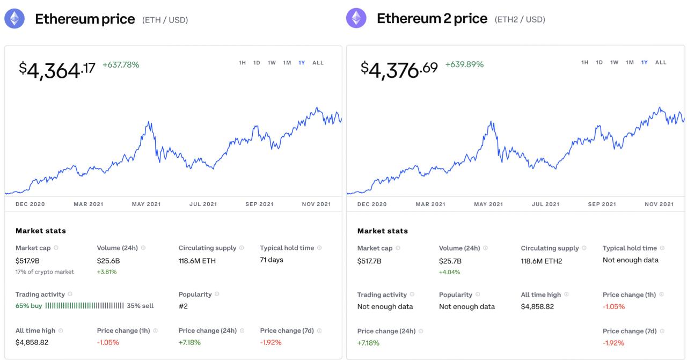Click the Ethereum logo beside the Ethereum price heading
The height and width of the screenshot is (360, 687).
[x=14, y=19]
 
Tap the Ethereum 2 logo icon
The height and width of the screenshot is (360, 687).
[x=356, y=19]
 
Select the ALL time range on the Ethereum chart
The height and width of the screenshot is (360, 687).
[x=318, y=63]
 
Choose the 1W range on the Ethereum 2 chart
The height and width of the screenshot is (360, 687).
[x=614, y=63]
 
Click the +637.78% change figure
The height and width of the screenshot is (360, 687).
[x=121, y=65]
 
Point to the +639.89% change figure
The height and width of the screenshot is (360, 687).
[x=464, y=65]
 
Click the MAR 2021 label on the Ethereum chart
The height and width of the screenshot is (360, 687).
[x=89, y=204]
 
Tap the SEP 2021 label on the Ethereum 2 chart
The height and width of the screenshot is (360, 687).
[x=602, y=204]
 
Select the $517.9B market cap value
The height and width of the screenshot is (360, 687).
[x=27, y=261]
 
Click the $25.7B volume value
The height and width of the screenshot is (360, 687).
[x=450, y=261]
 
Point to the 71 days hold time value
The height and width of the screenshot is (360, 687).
[x=272, y=260]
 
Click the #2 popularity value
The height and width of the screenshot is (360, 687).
[x=183, y=306]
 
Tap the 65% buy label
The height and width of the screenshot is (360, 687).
[x=29, y=306]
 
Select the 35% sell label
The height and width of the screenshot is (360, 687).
[x=140, y=306]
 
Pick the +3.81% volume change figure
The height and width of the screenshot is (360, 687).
[x=107, y=272]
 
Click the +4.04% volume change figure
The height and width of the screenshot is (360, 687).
[x=449, y=272]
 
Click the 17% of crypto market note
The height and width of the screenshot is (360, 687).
[x=45, y=272]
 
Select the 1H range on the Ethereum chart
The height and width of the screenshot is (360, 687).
[x=242, y=63]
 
